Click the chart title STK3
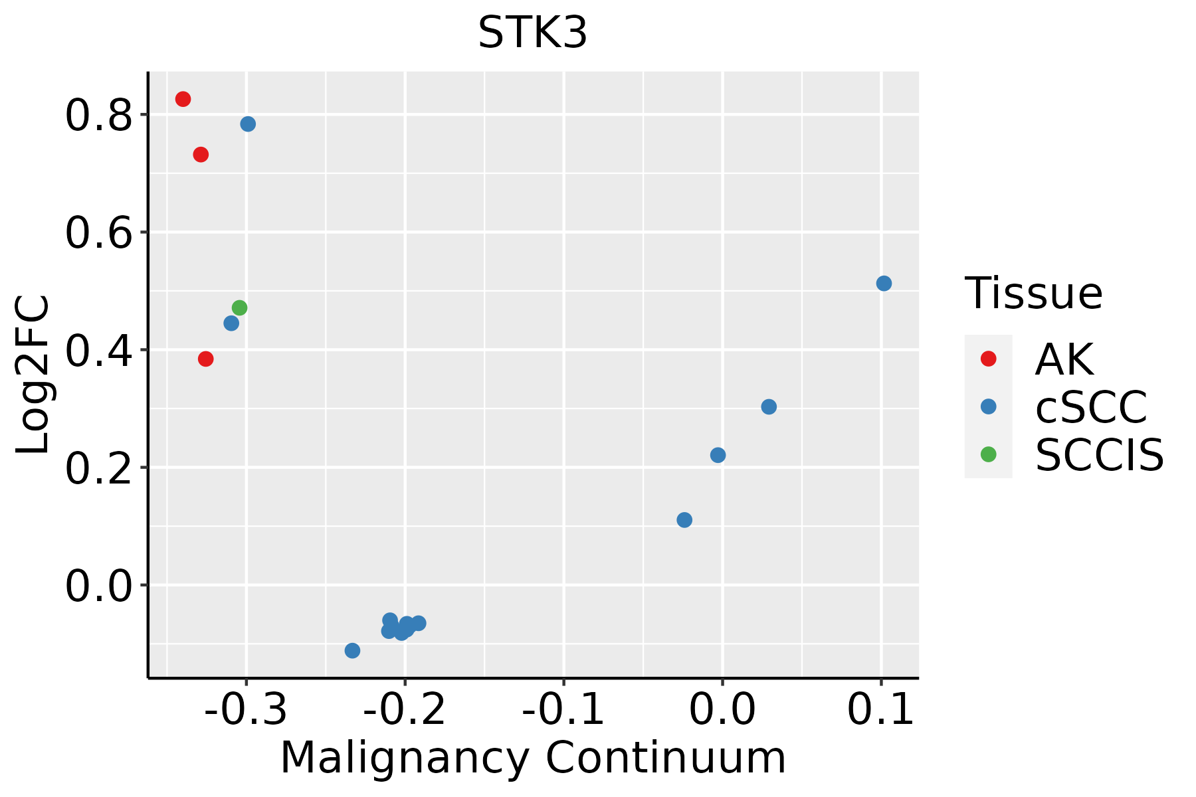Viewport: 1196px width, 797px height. click(x=532, y=33)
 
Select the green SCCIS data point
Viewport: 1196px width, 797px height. click(x=240, y=308)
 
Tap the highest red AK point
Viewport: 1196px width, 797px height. click(x=183, y=99)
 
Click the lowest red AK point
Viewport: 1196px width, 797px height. click(x=206, y=359)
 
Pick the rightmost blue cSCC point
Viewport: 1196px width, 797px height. click(x=884, y=284)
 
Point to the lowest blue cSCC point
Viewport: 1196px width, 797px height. click(x=353, y=650)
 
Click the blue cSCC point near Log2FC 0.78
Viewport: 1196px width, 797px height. click(x=248, y=124)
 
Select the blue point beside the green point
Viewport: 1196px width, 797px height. click(x=231, y=323)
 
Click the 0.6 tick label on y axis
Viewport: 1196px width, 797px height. click(x=98, y=234)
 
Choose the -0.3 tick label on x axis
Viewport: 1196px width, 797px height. click(x=246, y=710)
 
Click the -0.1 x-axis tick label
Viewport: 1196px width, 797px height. click(x=563, y=710)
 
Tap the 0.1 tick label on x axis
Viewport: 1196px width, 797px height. click(x=881, y=710)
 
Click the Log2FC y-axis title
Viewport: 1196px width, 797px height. click(x=33, y=375)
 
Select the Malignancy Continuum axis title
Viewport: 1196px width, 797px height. click(x=533, y=758)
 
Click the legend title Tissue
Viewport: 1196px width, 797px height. click(x=1033, y=293)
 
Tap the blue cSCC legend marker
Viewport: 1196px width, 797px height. click(x=989, y=406)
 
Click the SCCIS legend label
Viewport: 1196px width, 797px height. click(x=1100, y=455)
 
